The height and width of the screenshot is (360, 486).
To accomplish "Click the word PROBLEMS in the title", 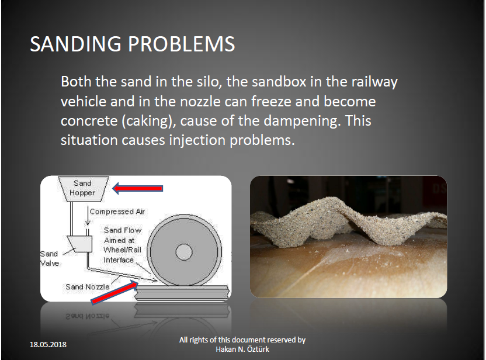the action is [x=181, y=44].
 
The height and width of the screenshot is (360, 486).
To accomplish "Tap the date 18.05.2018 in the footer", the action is [x=48, y=344].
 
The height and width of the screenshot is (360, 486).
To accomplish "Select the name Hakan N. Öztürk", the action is [x=242, y=349].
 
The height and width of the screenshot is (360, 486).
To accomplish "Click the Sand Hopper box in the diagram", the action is [x=83, y=189].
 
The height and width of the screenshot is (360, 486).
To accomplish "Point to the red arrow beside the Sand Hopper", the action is [x=138, y=188].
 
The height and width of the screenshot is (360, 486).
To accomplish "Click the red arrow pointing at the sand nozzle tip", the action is [x=114, y=292].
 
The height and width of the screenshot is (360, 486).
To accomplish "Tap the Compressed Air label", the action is [x=117, y=212].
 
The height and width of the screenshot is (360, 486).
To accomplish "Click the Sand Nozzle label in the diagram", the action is [x=88, y=287].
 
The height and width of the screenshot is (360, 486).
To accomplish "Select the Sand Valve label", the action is [x=49, y=259].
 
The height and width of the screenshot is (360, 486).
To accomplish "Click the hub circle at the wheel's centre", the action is [x=184, y=252].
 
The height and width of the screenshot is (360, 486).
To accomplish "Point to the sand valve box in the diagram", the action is [x=80, y=244].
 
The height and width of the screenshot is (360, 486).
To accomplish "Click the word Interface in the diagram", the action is [x=119, y=260].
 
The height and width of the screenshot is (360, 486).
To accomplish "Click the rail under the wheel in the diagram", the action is [x=183, y=293].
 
